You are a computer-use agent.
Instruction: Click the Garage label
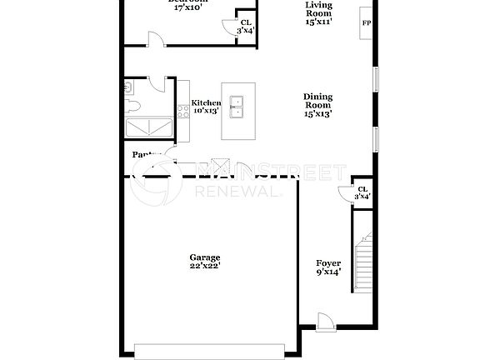(x=204, y=257)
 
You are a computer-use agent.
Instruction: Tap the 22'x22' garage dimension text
(x=204, y=267)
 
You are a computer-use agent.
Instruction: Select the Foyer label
(x=327, y=263)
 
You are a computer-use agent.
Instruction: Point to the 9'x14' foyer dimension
(x=327, y=272)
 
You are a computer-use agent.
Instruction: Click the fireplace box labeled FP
(x=366, y=23)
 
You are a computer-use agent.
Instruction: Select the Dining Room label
(x=317, y=101)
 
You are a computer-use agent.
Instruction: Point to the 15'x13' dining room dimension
(x=317, y=115)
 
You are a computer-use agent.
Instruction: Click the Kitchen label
(x=207, y=103)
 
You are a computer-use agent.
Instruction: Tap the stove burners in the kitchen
(x=182, y=112)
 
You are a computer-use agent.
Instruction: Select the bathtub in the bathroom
(x=147, y=127)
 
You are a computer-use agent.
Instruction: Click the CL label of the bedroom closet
(x=245, y=22)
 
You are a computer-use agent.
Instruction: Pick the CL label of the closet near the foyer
(x=362, y=189)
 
